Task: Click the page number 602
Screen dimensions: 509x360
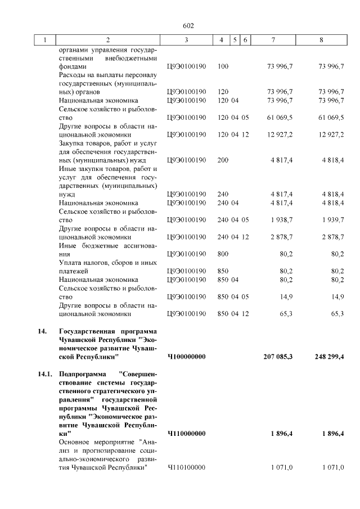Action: (x=188, y=25)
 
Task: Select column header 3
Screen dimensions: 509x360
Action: (x=186, y=40)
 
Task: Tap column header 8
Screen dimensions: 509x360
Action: (x=321, y=40)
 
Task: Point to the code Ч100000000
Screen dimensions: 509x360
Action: (x=187, y=357)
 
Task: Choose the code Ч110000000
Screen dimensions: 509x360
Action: (x=187, y=434)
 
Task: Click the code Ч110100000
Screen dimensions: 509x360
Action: (x=187, y=467)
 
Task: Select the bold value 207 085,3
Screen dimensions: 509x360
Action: (x=278, y=357)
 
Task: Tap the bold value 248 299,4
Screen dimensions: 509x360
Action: (x=325, y=357)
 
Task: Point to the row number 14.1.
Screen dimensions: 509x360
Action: (x=39, y=373)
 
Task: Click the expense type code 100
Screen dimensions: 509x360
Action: (x=223, y=66)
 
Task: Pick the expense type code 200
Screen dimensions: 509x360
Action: (x=223, y=160)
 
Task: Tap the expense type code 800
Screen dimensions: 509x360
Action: (x=223, y=254)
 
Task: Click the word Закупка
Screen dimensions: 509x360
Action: (x=74, y=143)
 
